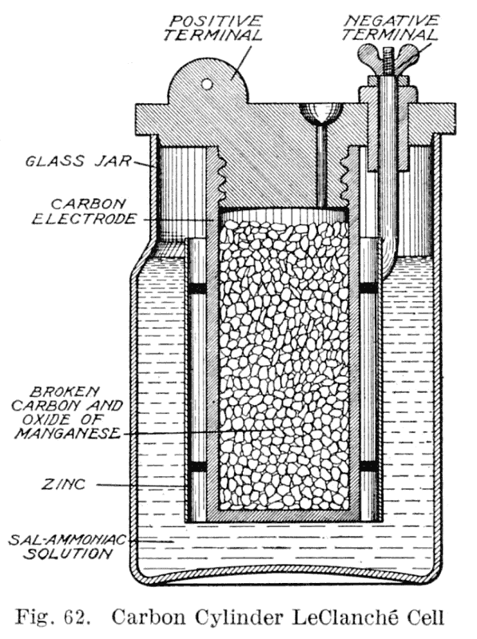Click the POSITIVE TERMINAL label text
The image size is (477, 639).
(x=213, y=29)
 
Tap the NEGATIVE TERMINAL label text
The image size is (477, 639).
(x=391, y=28)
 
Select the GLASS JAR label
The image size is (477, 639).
(x=78, y=161)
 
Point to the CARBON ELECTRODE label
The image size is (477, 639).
(x=84, y=212)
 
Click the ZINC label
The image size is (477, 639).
(x=63, y=485)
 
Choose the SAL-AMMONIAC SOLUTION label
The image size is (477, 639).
(x=68, y=547)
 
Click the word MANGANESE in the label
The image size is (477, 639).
(x=68, y=434)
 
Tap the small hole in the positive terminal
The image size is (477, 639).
(x=208, y=84)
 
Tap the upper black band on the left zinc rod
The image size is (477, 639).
(x=197, y=288)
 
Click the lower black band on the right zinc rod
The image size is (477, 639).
(x=369, y=466)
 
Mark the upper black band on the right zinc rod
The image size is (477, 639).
(x=369, y=288)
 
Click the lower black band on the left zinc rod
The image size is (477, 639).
(x=197, y=466)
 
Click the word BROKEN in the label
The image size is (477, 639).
(x=65, y=392)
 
